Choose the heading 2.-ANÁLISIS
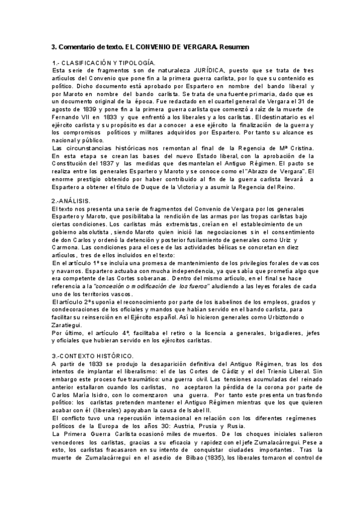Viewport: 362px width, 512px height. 72,200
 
